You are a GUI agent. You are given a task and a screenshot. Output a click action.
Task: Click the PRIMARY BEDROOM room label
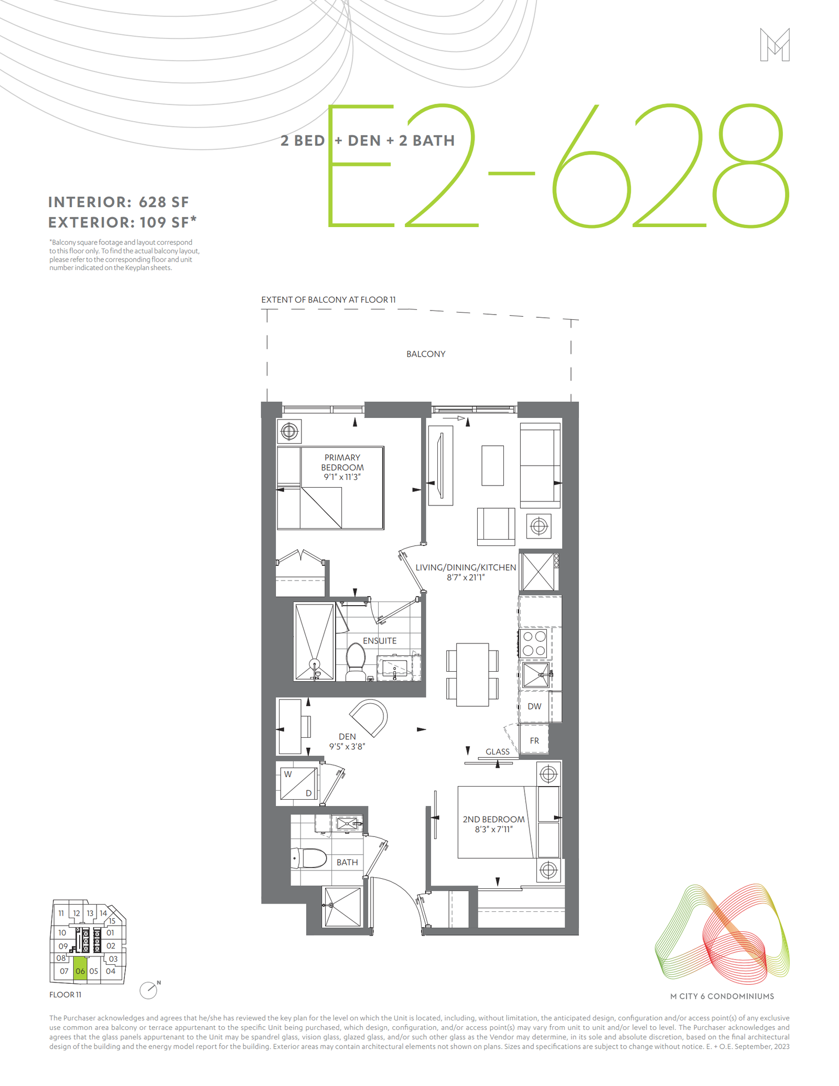pyautogui.click(x=342, y=462)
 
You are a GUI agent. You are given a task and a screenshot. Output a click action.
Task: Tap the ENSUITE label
pyautogui.click(x=380, y=641)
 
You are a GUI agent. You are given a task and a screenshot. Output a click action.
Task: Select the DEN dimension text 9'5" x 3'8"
pyautogui.click(x=347, y=746)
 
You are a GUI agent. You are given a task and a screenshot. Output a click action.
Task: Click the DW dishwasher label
pyautogui.click(x=534, y=706)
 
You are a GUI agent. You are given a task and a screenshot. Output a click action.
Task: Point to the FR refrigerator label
pyautogui.click(x=534, y=740)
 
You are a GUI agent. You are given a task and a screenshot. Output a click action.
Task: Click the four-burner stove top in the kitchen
pyautogui.click(x=534, y=643)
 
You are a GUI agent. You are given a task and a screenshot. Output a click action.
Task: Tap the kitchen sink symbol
pyautogui.click(x=536, y=675)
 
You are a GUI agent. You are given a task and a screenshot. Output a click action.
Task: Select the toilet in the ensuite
pyautogui.click(x=356, y=662)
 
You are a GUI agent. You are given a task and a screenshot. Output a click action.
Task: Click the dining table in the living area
pyautogui.click(x=472, y=674)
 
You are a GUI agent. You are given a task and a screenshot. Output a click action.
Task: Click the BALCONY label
pyautogui.click(x=426, y=354)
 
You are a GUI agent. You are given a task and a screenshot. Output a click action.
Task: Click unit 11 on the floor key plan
pyautogui.click(x=61, y=913)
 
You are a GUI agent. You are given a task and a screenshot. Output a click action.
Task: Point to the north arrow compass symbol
pyautogui.click(x=149, y=990)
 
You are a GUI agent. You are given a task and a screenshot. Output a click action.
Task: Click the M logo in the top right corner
pyautogui.click(x=775, y=45)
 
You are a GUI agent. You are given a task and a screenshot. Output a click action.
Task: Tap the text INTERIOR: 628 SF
pyautogui.click(x=119, y=202)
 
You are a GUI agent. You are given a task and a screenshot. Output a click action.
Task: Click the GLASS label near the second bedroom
pyautogui.click(x=498, y=751)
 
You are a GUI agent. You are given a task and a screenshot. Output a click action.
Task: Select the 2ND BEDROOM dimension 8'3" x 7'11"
pyautogui.click(x=493, y=829)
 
